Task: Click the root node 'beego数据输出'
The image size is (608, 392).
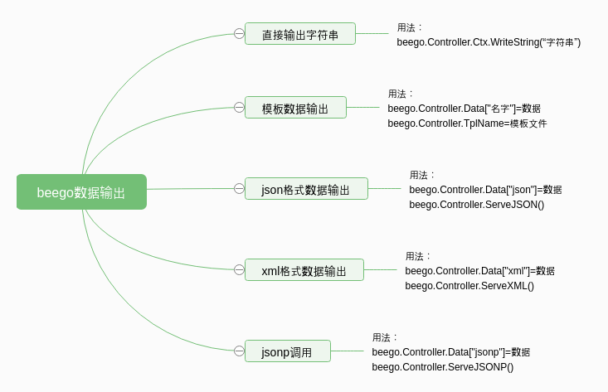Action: tap(81, 192)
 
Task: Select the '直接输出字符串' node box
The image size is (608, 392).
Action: tap(299, 34)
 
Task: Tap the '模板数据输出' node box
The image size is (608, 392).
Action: tap(295, 108)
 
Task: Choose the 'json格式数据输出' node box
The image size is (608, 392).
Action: tap(305, 189)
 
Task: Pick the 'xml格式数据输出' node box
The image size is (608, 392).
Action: tap(304, 270)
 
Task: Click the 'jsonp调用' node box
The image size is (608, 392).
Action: tap(287, 351)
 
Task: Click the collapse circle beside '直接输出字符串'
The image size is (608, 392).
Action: tap(239, 34)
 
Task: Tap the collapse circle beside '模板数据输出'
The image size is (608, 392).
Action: tap(239, 108)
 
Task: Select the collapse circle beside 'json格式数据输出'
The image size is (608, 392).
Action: tap(239, 189)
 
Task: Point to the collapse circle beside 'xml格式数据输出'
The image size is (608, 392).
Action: tap(239, 270)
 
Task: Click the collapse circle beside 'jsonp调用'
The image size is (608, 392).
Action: tap(239, 351)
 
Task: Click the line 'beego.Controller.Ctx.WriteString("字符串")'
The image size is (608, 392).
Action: tap(489, 42)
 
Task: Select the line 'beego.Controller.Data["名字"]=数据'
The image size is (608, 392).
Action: tap(464, 109)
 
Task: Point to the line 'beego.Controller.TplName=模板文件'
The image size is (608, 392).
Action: tap(467, 123)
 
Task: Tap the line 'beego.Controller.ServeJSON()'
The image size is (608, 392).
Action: tap(476, 205)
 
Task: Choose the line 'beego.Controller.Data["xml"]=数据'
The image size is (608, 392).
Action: tap(479, 271)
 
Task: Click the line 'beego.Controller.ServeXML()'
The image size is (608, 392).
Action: tap(469, 286)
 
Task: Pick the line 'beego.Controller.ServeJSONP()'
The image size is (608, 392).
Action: tap(442, 367)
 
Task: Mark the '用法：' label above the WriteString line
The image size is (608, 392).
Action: tap(410, 27)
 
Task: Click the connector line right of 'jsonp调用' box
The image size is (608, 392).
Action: tap(347, 351)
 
